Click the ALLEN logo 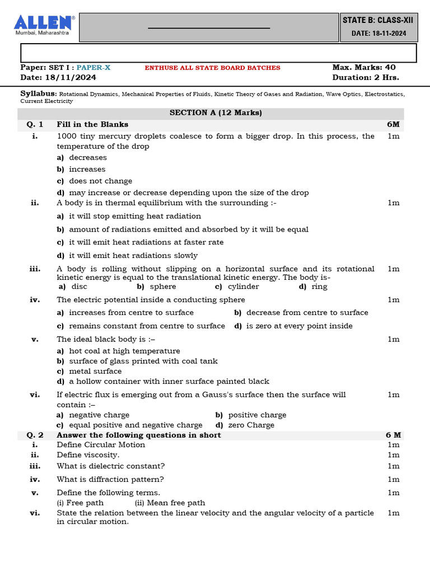point(44,24)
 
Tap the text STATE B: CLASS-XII point(377,20)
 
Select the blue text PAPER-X point(94,68)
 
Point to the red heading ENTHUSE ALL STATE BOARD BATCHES point(213,68)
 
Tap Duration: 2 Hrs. point(366,78)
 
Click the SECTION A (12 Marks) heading point(216,112)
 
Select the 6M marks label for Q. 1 point(393,124)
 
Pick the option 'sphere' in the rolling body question point(163,286)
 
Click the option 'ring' point(319,286)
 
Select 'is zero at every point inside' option point(299,326)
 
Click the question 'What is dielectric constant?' point(111,466)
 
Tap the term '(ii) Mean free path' point(170,502)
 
